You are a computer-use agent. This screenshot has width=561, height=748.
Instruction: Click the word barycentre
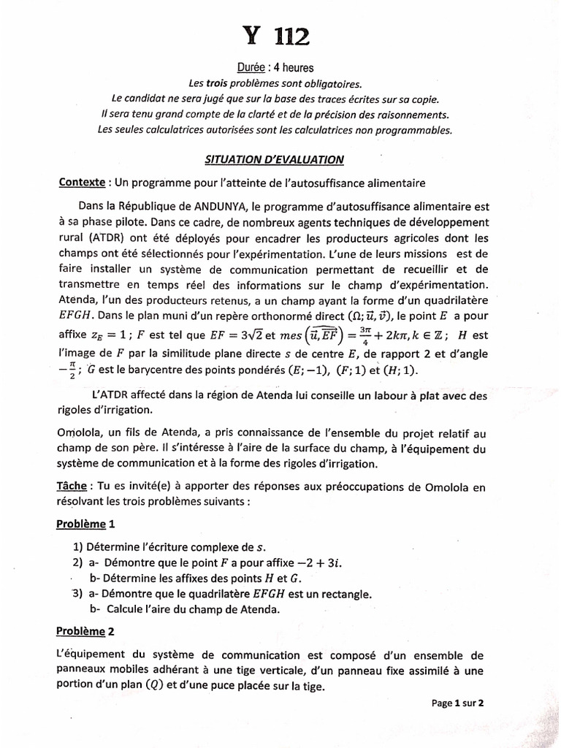142,372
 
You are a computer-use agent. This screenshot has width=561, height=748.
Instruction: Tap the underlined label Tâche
74,486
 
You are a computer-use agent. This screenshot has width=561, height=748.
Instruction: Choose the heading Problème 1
85,524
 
